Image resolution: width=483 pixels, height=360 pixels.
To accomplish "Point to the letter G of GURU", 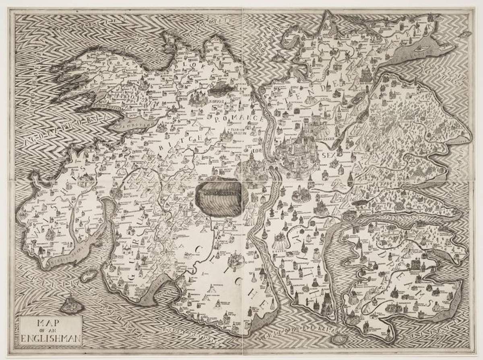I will [x=132, y=277].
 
